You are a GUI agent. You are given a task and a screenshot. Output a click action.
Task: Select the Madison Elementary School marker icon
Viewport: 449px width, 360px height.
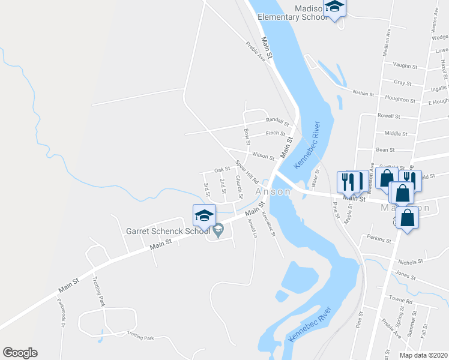point(334,8)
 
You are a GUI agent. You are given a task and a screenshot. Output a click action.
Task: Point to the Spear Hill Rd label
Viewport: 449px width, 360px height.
point(247,172)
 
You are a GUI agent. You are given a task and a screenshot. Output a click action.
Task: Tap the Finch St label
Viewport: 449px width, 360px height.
point(275,133)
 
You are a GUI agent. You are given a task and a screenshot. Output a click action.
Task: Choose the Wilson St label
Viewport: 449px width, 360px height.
point(263,155)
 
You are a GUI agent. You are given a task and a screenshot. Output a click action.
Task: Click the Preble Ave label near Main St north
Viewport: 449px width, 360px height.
point(255,51)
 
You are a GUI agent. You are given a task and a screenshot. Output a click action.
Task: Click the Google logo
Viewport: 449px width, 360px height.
point(20,353)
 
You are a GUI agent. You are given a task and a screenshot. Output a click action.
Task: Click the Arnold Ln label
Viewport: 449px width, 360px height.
point(253,229)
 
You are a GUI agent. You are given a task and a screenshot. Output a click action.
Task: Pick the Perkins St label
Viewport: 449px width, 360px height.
point(379,241)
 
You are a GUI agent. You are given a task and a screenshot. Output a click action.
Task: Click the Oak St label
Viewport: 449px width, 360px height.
point(222,169)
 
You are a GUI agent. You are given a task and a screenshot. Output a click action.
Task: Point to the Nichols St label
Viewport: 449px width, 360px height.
point(410,262)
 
